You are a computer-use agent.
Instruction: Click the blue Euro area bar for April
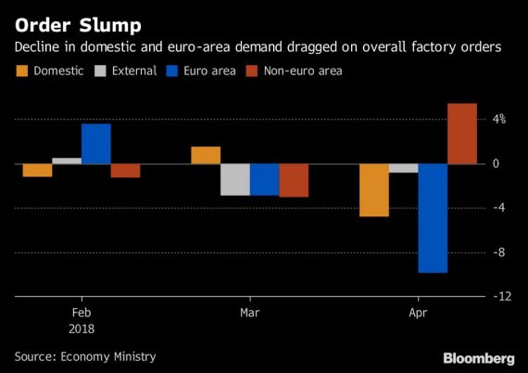433,218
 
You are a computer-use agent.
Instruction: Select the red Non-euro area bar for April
462,134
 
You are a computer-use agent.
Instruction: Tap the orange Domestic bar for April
374,190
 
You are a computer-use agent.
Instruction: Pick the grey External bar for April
403,168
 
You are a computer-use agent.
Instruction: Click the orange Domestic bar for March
206,155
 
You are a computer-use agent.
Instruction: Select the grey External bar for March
235,179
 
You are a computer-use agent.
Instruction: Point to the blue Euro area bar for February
96,144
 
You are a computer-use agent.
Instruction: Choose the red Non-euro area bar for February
125,171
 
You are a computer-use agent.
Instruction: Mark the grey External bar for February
67,161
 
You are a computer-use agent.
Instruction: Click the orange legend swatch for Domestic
22,71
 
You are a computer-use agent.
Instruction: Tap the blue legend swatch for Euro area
171,71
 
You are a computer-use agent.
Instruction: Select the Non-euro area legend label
303,71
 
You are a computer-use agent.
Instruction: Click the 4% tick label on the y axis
499,119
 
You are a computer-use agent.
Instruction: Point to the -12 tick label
502,296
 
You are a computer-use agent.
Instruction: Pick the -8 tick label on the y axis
498,252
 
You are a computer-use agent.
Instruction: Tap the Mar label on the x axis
250,313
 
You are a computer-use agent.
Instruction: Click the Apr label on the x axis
418,314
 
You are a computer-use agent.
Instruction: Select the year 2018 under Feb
82,328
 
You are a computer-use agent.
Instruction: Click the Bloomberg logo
479,358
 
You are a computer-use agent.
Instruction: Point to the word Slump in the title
110,26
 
